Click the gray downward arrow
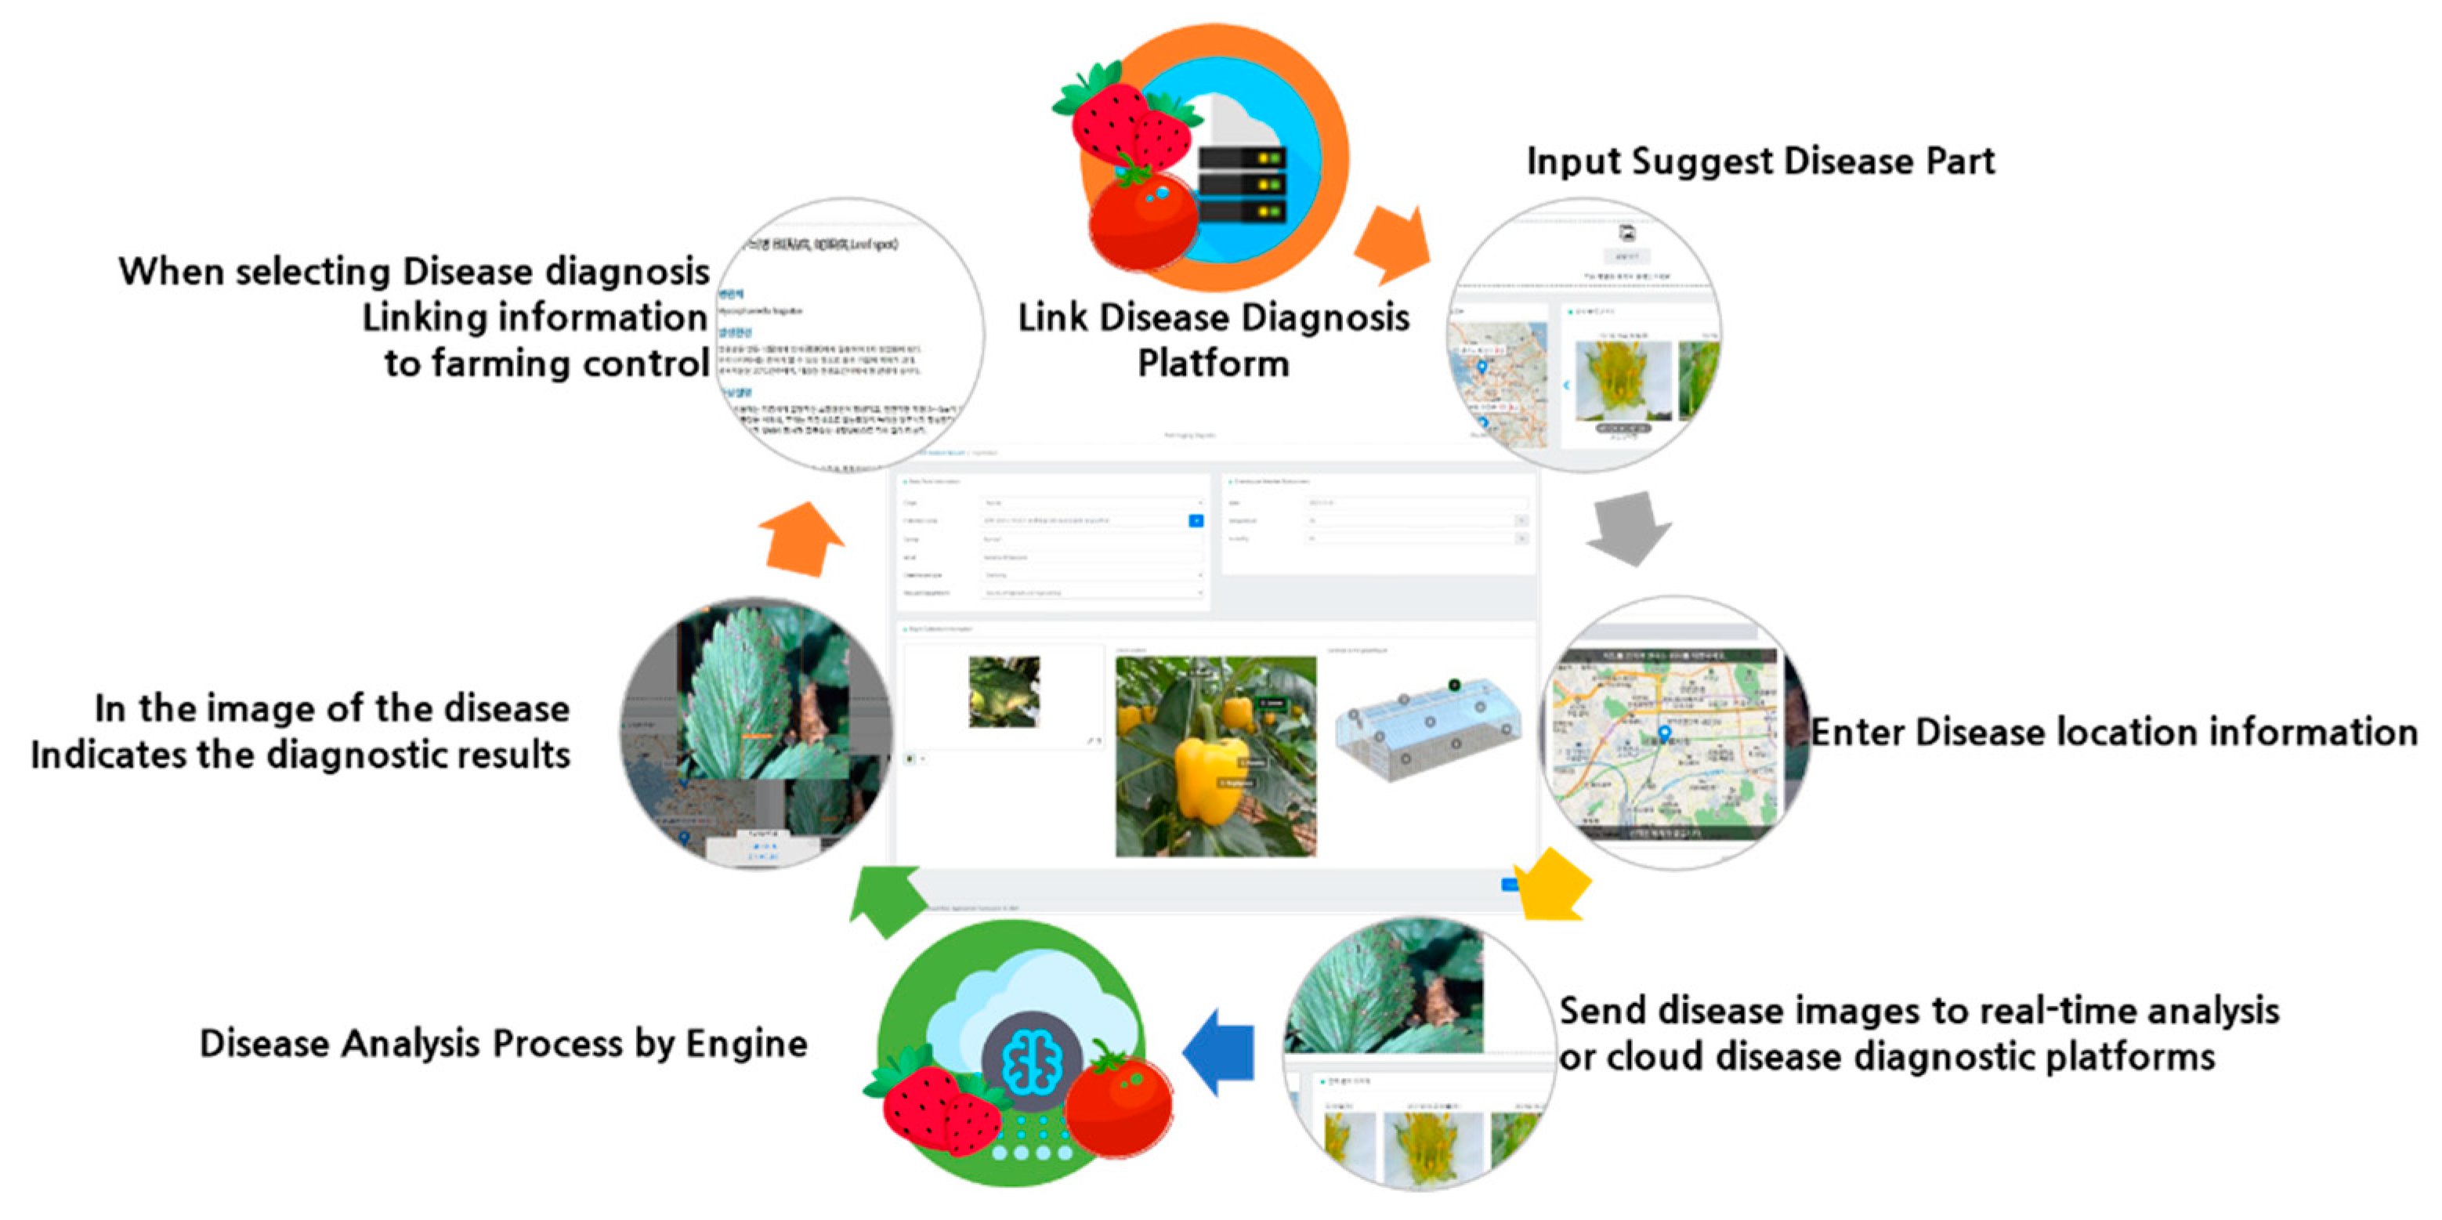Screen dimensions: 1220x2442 [x=1629, y=528]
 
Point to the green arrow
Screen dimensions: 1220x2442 [x=885, y=900]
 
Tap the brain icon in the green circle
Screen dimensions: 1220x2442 [x=1031, y=1061]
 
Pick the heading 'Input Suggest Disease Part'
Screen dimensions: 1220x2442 [x=1760, y=161]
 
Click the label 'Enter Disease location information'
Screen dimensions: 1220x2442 [x=2113, y=733]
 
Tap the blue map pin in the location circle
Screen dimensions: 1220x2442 [x=1664, y=733]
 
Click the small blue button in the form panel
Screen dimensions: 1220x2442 [x=1196, y=520]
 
